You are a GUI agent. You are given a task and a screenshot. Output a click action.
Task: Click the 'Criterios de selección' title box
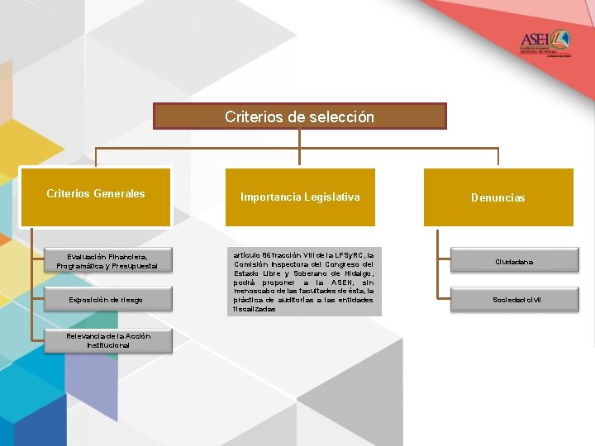tap(299, 116)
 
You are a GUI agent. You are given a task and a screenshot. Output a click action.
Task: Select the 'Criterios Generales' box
tap(96, 197)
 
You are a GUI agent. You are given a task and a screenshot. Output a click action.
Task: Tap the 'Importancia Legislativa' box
tap(300, 197)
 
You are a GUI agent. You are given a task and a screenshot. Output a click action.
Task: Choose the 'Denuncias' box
tap(498, 197)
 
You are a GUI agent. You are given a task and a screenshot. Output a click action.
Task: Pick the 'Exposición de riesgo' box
tap(107, 298)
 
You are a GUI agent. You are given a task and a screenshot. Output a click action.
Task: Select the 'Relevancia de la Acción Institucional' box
tap(107, 340)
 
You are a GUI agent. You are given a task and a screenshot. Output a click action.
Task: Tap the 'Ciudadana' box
tap(514, 261)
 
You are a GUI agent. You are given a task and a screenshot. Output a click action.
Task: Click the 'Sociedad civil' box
tap(514, 298)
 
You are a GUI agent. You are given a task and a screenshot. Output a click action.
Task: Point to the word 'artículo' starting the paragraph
tap(245, 255)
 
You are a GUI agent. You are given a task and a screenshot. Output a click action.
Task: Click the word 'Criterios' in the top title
tap(251, 116)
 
